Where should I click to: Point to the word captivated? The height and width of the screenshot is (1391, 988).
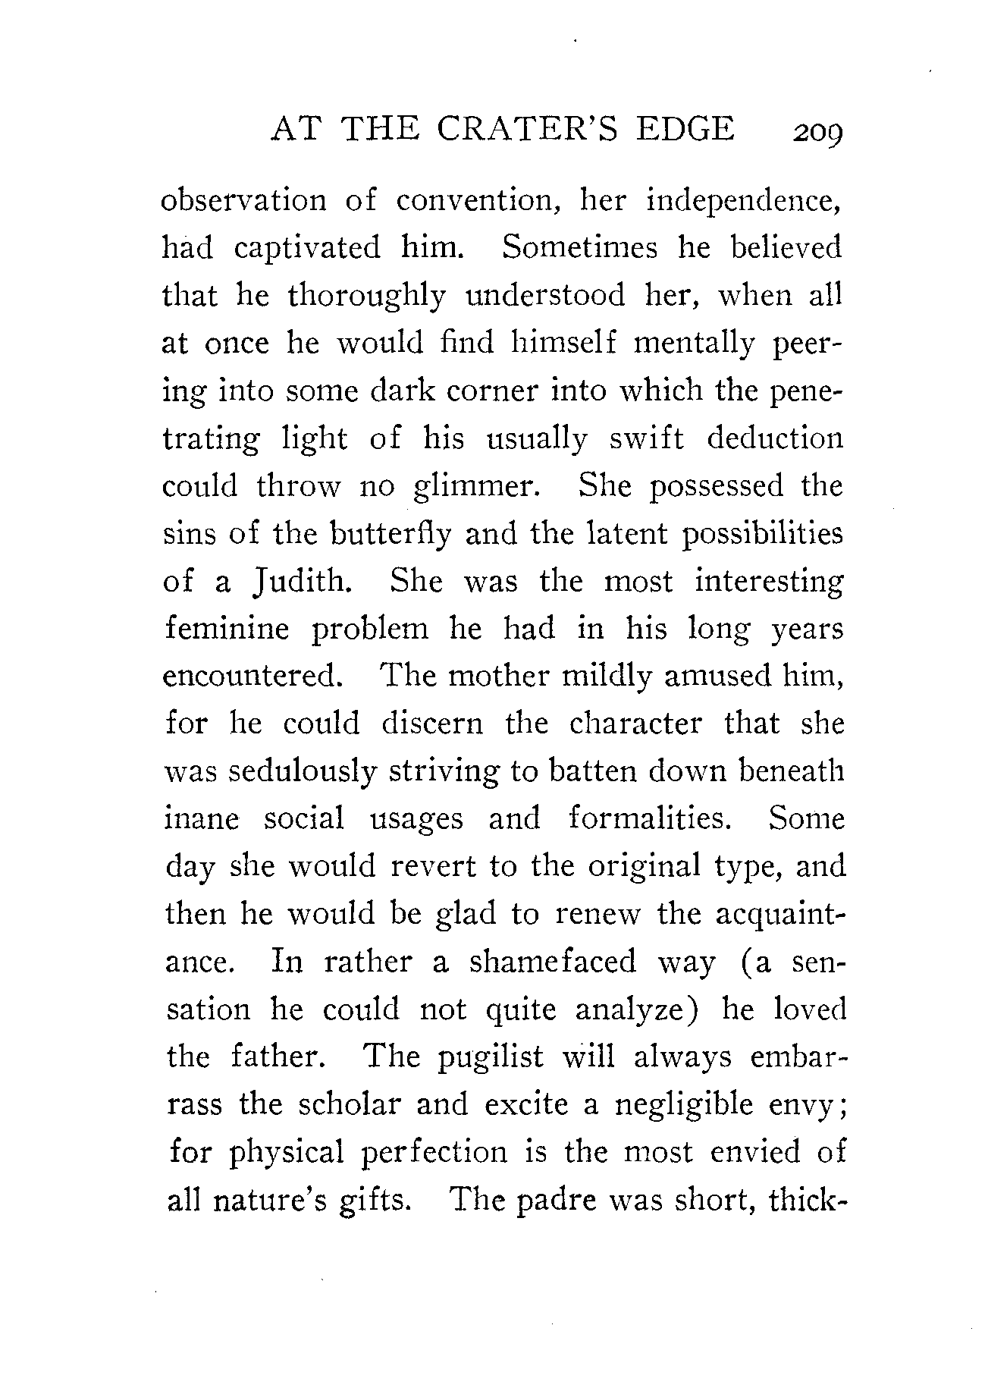pos(306,248)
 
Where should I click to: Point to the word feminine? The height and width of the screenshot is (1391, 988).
pos(227,630)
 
